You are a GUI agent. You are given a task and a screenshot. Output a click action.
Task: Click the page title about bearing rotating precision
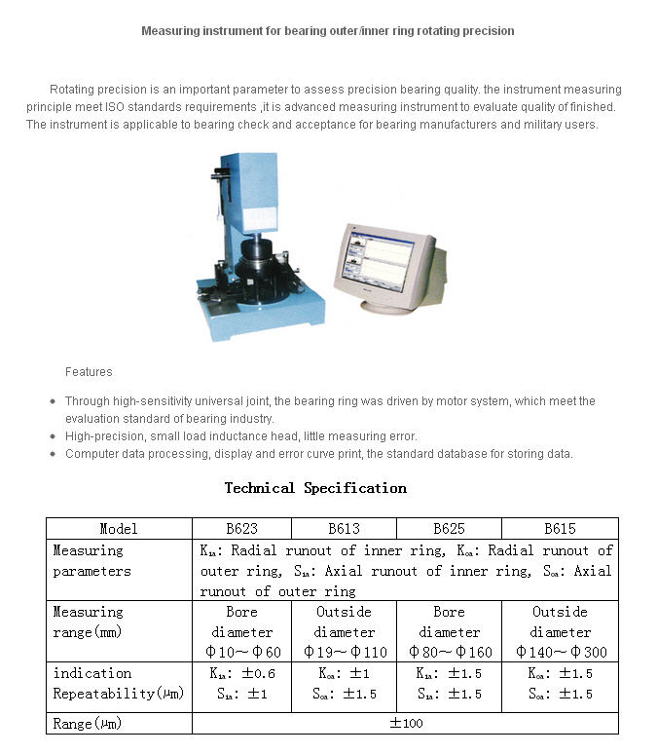[x=328, y=31]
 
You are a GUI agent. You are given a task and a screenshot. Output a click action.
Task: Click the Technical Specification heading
[x=315, y=488]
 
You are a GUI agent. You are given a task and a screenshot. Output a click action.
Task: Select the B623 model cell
[x=242, y=529]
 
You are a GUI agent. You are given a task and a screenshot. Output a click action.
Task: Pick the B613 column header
[x=345, y=529]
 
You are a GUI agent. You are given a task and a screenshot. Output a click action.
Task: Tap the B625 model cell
[x=449, y=529]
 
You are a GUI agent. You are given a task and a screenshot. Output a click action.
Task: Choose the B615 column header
[x=560, y=529]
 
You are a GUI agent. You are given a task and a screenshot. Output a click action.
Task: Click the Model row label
[x=119, y=529]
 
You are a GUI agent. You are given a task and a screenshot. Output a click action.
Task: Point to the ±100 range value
[x=406, y=724]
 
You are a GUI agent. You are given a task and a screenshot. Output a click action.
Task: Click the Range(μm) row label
[x=88, y=724]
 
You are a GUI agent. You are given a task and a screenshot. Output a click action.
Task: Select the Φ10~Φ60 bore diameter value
[x=242, y=652]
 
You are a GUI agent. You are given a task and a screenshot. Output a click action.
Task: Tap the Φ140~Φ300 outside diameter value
[x=560, y=652]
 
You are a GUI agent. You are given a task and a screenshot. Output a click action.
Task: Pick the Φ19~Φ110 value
[x=345, y=652]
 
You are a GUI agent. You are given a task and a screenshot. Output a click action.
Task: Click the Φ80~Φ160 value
[x=449, y=652]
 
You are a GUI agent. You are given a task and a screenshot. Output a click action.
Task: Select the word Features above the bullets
[x=89, y=372]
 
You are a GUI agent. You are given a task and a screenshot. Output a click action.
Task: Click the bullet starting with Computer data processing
[x=318, y=454]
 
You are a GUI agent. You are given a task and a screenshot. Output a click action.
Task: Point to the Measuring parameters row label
[x=91, y=561]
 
